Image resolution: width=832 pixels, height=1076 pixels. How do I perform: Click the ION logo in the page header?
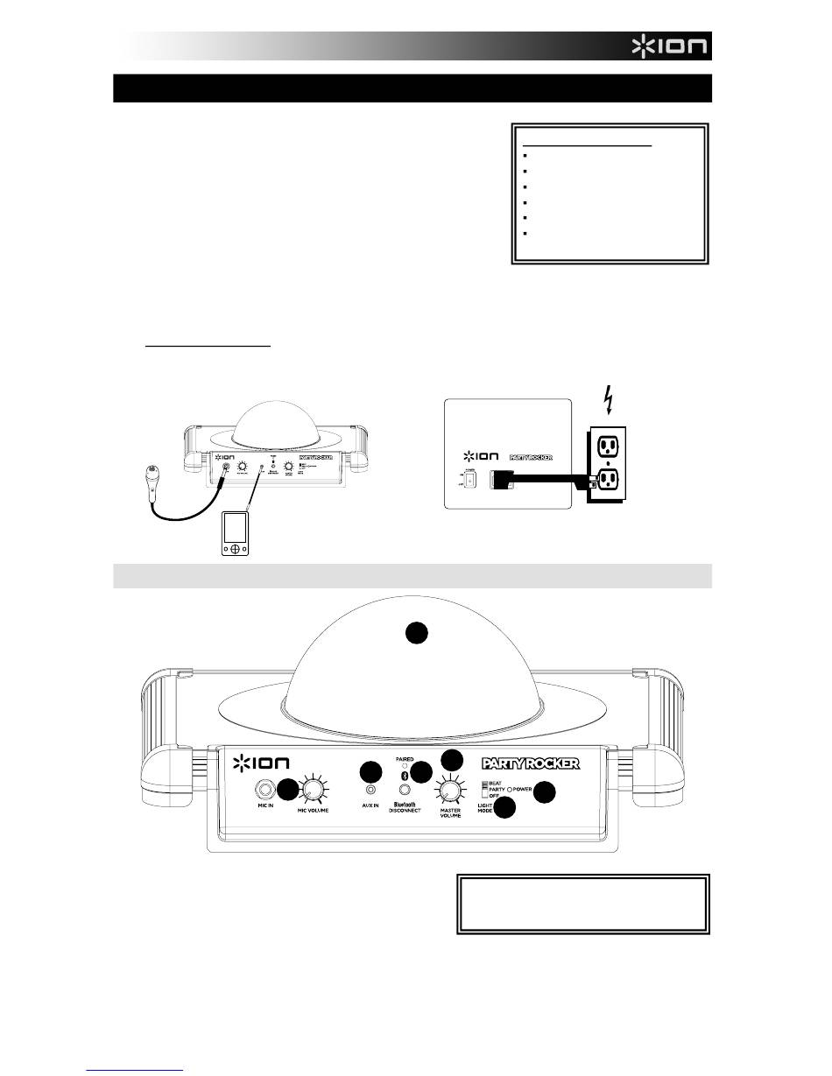tap(671, 46)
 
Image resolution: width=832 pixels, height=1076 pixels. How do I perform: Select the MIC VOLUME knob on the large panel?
tap(312, 791)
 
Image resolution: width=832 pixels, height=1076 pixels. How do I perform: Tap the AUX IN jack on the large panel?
tap(370, 795)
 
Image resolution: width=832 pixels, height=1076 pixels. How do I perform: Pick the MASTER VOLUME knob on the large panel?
tap(449, 792)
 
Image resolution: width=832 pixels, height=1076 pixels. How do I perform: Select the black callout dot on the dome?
tap(418, 633)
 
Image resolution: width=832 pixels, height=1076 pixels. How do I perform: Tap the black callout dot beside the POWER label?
tap(545, 792)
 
